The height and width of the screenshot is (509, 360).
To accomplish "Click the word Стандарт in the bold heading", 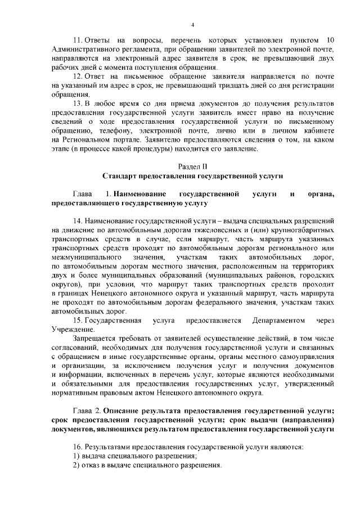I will [x=121, y=176].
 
